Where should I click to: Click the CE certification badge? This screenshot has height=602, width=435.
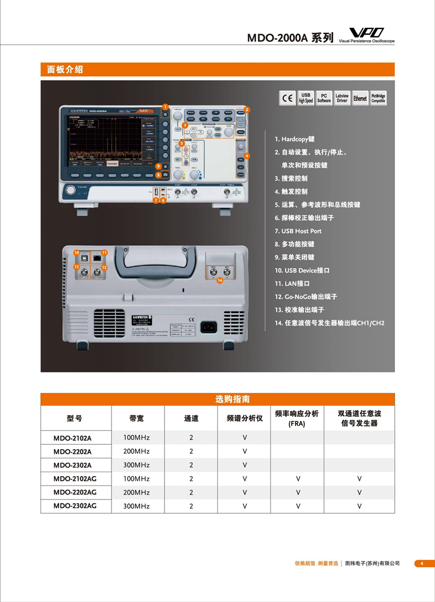[x=288, y=99]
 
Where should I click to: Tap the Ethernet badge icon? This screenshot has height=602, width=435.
[x=360, y=99]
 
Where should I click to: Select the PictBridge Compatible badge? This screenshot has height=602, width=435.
[x=378, y=99]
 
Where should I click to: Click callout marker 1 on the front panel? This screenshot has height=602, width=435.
[x=165, y=106]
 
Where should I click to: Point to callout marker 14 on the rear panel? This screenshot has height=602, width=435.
[x=220, y=280]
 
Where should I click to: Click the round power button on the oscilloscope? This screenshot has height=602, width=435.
[x=71, y=191]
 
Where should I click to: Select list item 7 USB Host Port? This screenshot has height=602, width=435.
[x=298, y=231]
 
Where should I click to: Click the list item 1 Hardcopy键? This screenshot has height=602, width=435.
[x=294, y=139]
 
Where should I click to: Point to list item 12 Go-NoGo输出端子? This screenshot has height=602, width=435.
[x=306, y=297]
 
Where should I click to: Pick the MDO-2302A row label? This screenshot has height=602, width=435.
[x=72, y=465]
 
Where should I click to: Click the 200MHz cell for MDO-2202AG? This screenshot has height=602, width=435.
[x=136, y=492]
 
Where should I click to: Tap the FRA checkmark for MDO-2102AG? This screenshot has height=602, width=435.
[x=298, y=479]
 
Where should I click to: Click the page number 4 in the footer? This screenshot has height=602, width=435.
[x=422, y=564]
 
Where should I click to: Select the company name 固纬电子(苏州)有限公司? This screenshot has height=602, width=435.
[x=373, y=564]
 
